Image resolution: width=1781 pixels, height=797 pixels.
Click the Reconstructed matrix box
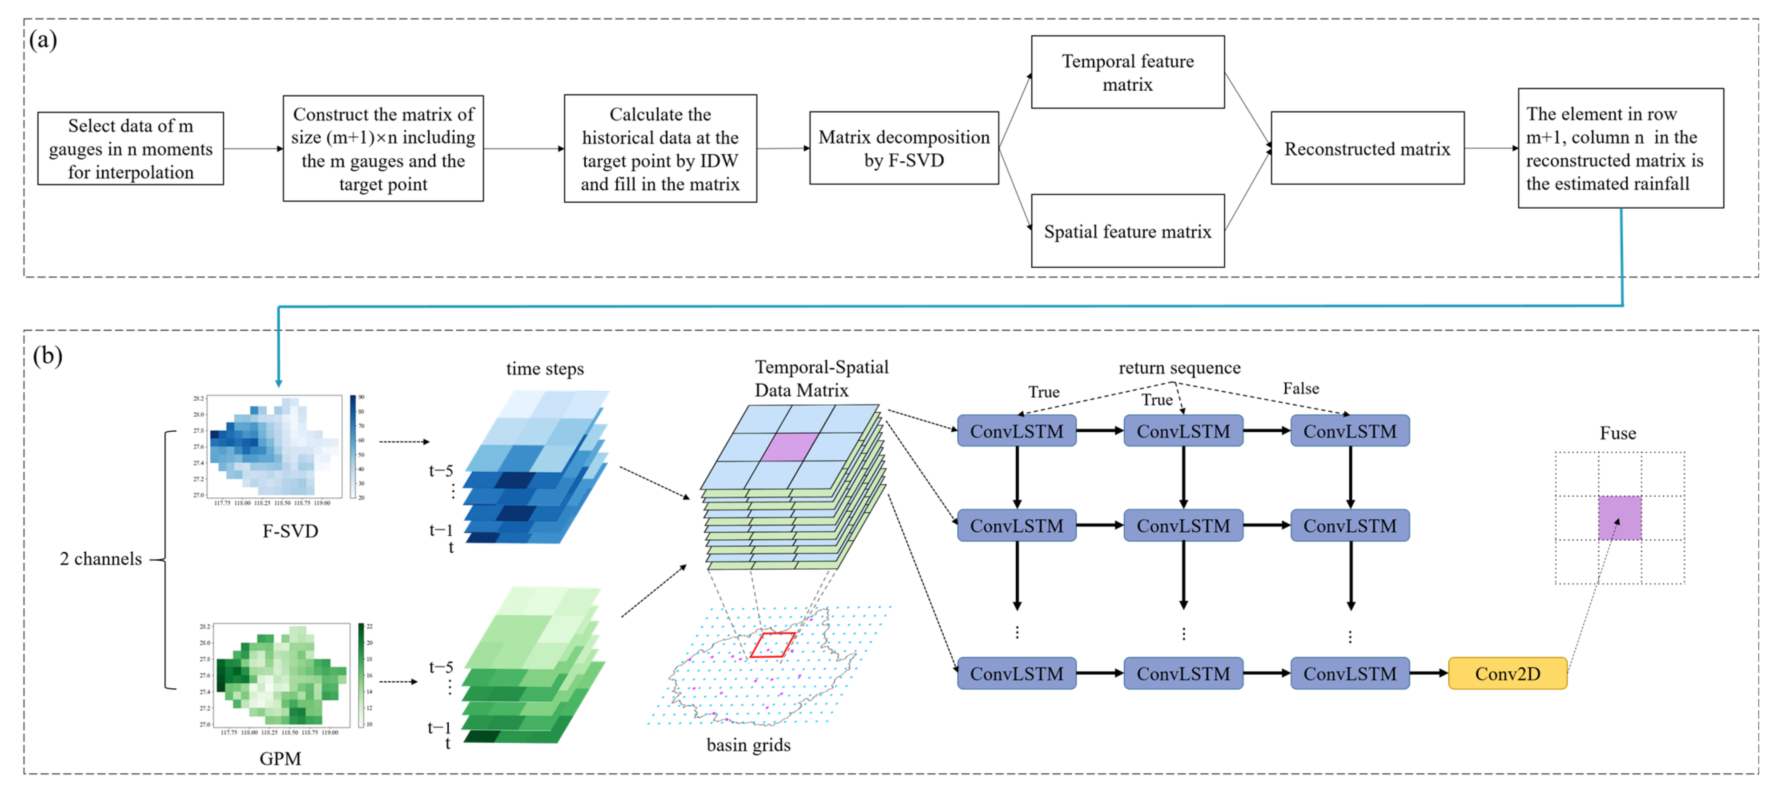click(x=1367, y=149)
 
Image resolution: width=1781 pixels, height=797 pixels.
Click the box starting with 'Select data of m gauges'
click(x=131, y=149)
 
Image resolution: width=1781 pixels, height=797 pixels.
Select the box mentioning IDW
click(x=660, y=149)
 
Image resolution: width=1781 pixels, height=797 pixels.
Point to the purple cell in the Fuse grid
click(x=1619, y=518)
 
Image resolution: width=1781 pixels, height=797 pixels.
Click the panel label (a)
click(x=43, y=40)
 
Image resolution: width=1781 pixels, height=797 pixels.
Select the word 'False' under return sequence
click(x=1300, y=388)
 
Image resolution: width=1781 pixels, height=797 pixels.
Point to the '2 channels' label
click(x=101, y=559)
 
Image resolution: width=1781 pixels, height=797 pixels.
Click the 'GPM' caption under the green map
click(x=280, y=758)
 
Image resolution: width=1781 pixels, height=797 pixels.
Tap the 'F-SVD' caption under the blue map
click(x=290, y=531)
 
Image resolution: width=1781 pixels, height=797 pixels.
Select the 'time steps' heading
click(x=545, y=368)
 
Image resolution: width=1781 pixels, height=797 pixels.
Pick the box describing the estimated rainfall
click(x=1620, y=149)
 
